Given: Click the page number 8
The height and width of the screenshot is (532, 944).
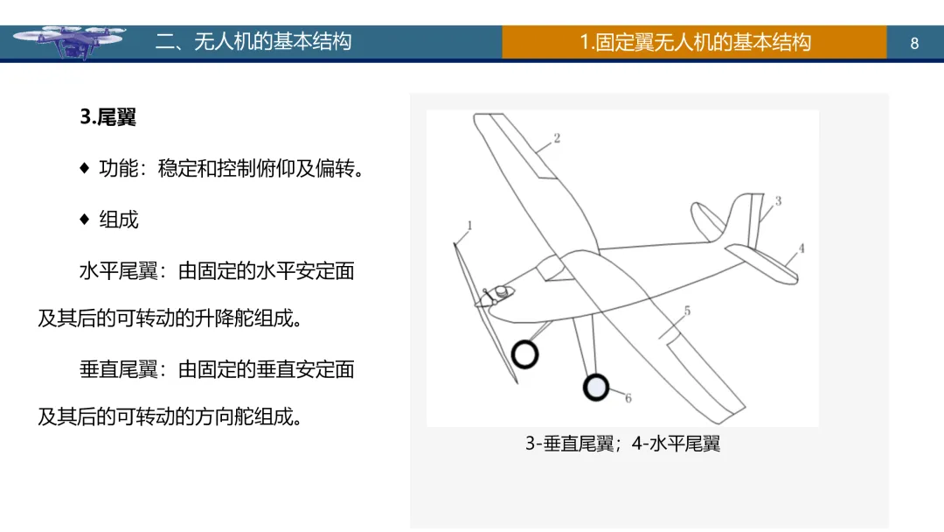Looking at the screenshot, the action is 914,43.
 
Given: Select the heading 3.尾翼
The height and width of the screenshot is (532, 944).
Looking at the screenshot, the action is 108,117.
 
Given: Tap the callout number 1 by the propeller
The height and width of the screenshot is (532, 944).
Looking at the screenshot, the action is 469,226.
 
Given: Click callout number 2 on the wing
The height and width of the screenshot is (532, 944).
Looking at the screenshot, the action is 557,138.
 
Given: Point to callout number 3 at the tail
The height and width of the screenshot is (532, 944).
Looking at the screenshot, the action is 778,201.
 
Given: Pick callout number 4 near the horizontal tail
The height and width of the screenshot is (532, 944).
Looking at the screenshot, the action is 802,248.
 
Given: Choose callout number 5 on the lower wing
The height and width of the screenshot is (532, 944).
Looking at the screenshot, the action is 687,311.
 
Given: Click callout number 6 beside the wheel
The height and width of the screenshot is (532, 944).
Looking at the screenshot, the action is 628,398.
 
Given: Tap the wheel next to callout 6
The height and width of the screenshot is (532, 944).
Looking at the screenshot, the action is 596,386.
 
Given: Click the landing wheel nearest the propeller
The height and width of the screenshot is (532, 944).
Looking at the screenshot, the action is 524,354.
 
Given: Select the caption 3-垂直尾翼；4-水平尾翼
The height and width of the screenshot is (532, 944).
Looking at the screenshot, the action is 622,444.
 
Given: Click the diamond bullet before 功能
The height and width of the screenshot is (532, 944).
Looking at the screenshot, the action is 85,168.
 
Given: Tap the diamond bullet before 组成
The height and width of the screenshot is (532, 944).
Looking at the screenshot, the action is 85,219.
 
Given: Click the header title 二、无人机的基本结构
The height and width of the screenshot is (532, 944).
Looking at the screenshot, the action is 253,42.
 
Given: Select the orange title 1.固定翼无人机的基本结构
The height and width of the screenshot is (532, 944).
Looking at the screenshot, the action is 695,42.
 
